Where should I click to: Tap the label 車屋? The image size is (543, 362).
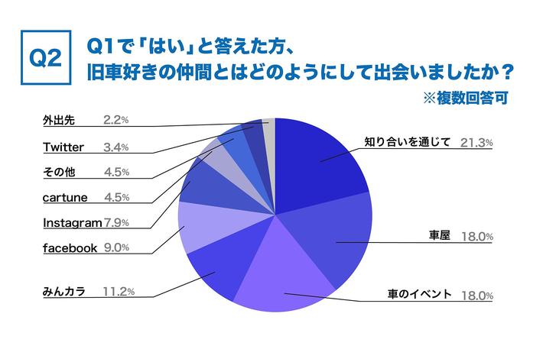click(439, 237)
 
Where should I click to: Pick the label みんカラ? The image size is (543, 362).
click(63, 291)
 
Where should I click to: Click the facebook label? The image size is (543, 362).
click(70, 247)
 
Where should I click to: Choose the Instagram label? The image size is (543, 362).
click(72, 223)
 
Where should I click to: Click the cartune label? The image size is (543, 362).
click(64, 197)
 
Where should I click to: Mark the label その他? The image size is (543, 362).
click(60, 172)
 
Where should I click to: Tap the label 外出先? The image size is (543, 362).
click(59, 121)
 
